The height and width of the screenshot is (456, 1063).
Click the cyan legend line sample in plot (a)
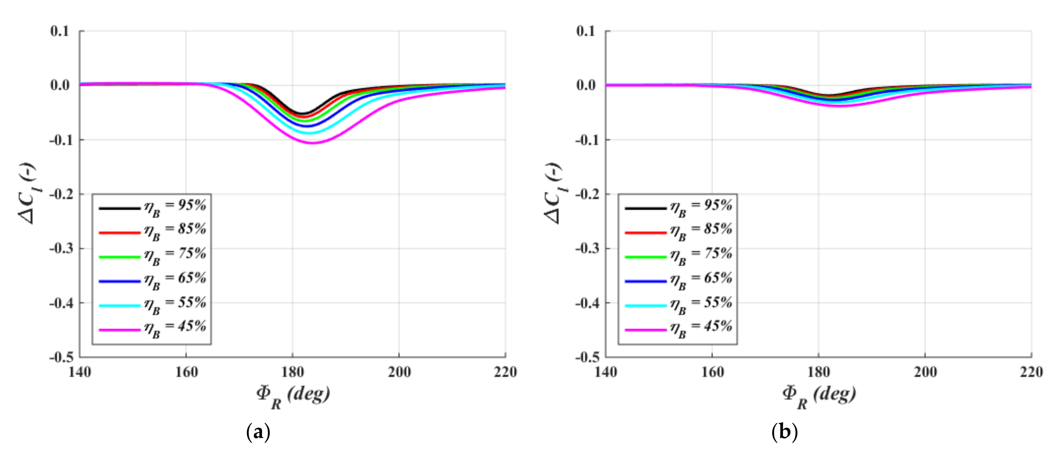[120, 306]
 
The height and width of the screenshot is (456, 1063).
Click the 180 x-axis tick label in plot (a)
[293, 373]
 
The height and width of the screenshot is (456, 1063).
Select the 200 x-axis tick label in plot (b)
[925, 373]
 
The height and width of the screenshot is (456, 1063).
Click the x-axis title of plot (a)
[293, 396]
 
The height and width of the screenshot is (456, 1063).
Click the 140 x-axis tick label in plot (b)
[606, 373]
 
